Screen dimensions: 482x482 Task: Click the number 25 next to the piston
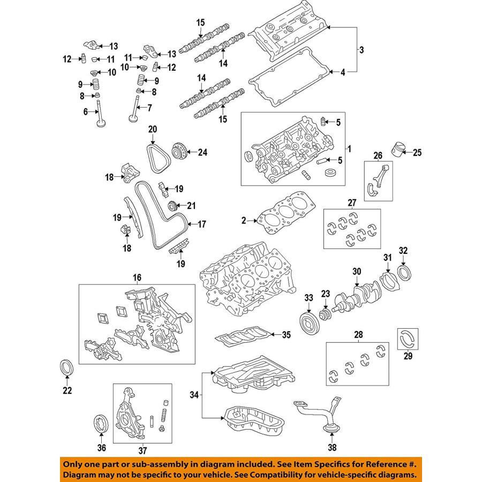pos(417,153)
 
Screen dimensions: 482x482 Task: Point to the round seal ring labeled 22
pos(66,370)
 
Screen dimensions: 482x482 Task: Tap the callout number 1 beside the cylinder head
pos(351,148)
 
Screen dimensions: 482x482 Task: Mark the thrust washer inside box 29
pos(408,339)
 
